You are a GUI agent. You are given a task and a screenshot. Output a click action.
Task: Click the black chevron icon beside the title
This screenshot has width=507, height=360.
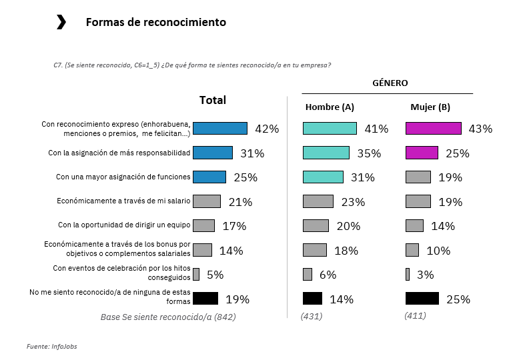[61, 23]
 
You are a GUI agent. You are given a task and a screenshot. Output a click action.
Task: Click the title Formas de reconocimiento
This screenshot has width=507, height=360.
[155, 23]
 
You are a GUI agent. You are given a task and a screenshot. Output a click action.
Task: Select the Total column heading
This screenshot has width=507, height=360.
[213, 100]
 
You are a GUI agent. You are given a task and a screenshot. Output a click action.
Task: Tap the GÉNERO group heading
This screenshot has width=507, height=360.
[390, 83]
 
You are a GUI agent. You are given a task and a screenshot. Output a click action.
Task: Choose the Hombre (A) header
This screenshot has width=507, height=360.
[330, 107]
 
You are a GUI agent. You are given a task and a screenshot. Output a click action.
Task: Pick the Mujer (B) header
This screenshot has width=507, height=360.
[430, 107]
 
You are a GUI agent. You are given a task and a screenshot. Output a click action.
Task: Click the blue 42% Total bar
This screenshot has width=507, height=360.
[219, 129]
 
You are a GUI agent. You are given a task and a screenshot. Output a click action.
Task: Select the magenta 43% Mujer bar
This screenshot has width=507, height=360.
[434, 129]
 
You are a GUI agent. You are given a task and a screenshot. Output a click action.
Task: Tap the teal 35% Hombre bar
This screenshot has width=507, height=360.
[326, 153]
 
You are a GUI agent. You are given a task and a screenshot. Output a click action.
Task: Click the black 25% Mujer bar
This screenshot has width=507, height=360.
[422, 298]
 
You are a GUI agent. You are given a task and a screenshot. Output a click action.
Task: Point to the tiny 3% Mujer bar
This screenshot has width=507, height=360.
[408, 274]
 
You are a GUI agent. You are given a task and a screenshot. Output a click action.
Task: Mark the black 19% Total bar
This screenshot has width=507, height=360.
[205, 298]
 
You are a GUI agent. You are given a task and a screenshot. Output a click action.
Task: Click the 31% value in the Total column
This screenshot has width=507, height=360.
[252, 153]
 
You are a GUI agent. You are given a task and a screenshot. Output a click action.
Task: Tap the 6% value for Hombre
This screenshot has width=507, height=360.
[328, 275]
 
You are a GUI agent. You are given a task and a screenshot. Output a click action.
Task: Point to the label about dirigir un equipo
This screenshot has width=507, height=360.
[124, 225]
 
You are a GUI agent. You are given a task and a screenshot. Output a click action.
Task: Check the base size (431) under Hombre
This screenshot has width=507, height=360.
[312, 316]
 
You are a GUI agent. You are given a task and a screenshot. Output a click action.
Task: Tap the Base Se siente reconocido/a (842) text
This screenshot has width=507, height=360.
[167, 317]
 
